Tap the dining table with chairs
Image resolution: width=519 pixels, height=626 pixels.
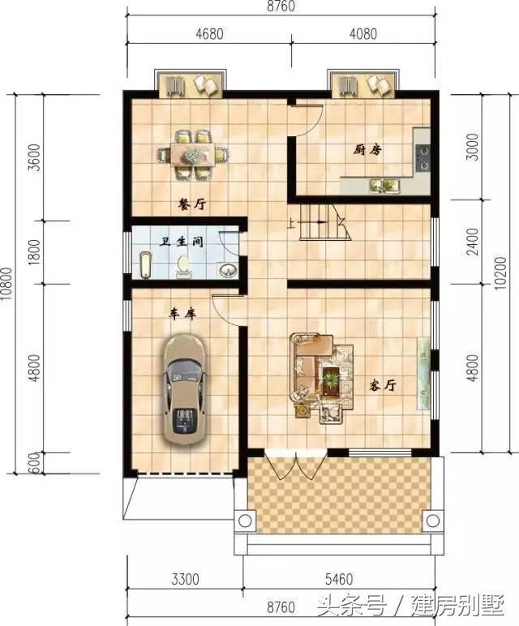point(193,154)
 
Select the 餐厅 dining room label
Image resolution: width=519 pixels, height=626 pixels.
point(191,205)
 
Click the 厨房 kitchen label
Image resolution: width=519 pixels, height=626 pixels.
point(367,150)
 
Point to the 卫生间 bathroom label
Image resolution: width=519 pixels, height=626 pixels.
point(182,242)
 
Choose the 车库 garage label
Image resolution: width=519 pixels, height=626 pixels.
point(182,314)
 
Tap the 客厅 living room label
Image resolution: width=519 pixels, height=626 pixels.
point(383,385)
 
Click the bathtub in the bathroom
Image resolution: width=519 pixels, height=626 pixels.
point(146,265)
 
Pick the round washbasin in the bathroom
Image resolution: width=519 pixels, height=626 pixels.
point(229,270)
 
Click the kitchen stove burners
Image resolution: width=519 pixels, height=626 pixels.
point(423,157)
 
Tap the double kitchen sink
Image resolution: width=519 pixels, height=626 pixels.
point(384,185)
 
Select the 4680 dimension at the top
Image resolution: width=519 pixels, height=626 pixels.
point(209,33)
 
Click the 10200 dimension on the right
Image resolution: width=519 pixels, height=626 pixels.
point(500,273)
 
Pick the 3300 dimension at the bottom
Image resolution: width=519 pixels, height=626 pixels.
point(185,579)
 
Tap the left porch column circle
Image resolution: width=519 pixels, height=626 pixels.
point(245,521)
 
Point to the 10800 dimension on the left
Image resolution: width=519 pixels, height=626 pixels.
point(6,285)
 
